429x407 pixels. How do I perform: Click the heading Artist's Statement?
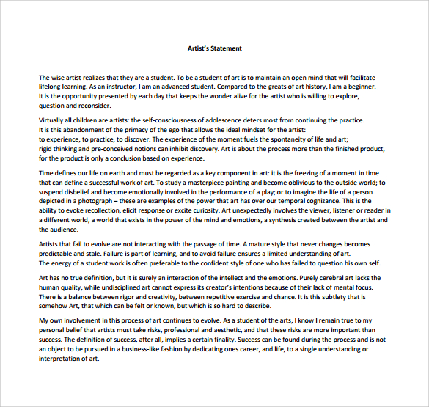pyautogui.click(x=214, y=48)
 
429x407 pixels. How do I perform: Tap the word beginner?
pyautogui.click(x=357, y=87)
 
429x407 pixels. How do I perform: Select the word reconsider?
pyautogui.click(x=91, y=106)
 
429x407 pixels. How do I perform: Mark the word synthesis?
pyautogui.click(x=282, y=220)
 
